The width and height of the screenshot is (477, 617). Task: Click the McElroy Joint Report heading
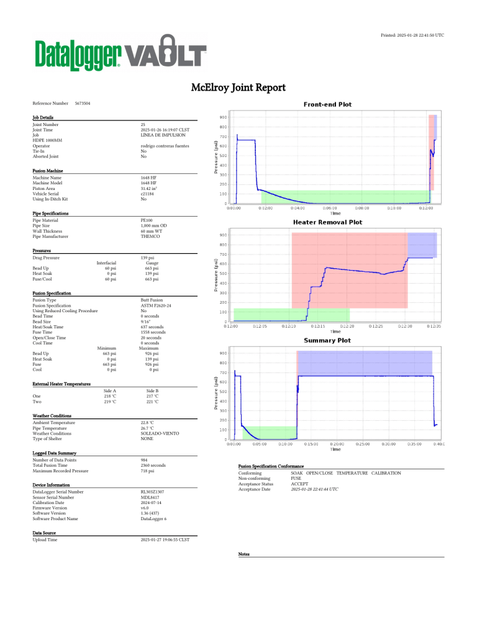(x=238, y=88)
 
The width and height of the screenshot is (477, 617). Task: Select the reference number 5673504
(x=82, y=102)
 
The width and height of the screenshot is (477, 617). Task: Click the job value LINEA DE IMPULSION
(x=163, y=135)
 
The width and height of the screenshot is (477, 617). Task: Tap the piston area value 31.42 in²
(x=152, y=189)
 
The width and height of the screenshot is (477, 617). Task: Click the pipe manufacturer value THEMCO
(x=150, y=236)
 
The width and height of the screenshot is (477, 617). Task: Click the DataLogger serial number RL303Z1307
(x=152, y=492)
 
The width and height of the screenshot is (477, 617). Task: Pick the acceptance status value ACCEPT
(x=301, y=484)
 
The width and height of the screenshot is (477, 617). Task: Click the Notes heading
(x=244, y=554)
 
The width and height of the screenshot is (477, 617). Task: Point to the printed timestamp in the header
(x=412, y=35)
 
